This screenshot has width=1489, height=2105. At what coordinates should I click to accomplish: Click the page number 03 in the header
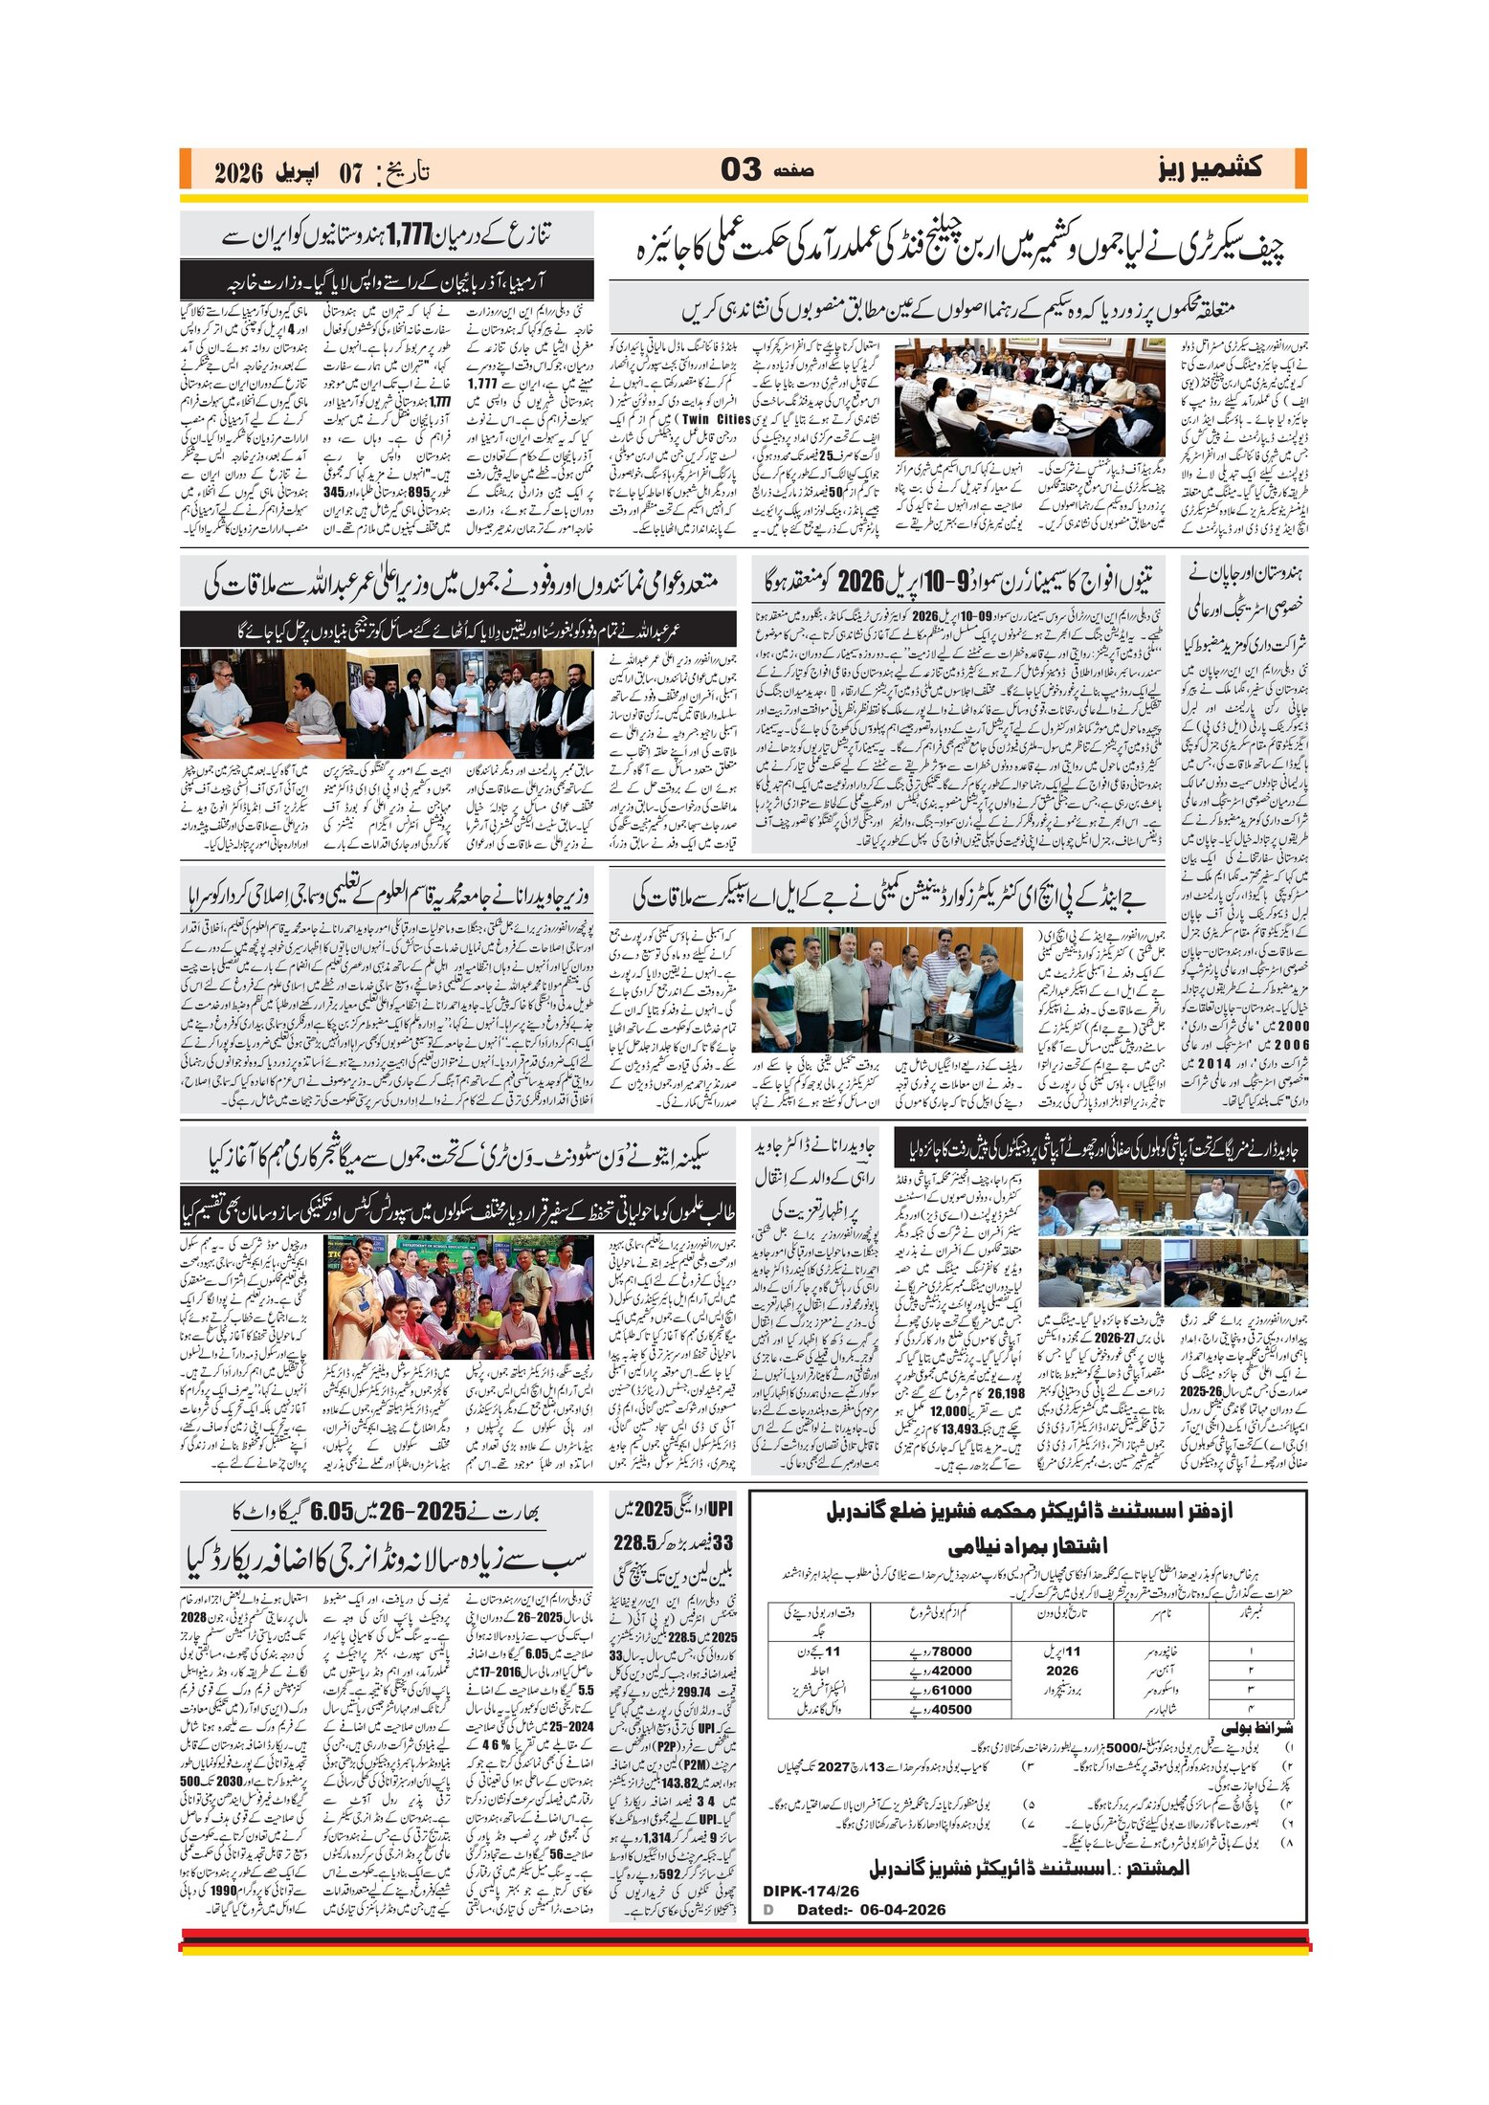741,169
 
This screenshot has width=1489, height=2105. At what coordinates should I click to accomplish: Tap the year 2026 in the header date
238,173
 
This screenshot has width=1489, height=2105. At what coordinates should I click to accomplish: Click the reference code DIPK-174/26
811,1891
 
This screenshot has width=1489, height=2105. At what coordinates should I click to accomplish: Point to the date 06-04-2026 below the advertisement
894,1909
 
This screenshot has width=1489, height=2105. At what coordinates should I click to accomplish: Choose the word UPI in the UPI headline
719,1509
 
